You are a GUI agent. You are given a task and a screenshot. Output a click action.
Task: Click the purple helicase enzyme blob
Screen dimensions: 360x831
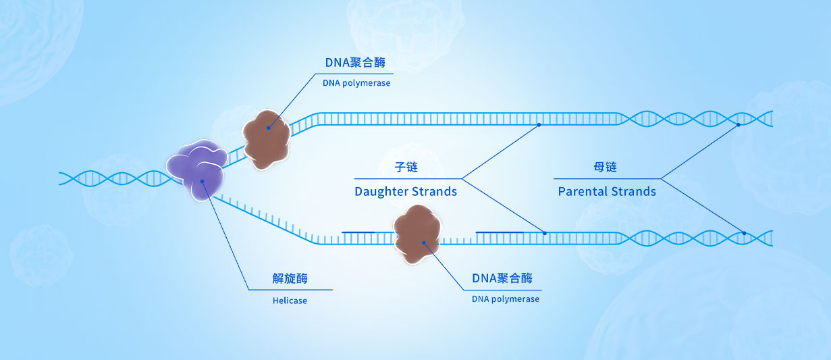click(x=197, y=170)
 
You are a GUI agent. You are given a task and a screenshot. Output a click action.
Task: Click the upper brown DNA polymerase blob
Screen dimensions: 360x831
click(x=267, y=139)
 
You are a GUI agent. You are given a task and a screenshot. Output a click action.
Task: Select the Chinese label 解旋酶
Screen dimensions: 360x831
click(x=290, y=278)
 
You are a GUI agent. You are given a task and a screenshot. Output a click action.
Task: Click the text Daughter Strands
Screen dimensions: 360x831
click(x=406, y=192)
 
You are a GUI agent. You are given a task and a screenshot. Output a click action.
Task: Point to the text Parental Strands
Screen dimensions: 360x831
click(x=607, y=192)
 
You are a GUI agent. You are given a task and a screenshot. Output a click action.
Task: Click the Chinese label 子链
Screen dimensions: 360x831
click(x=406, y=168)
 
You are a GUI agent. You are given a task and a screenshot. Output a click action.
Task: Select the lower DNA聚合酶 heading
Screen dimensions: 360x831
click(x=502, y=278)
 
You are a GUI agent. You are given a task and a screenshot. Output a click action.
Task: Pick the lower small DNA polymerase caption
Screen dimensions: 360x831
click(x=506, y=299)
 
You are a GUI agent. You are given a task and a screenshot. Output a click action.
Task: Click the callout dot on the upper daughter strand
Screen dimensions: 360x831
click(x=539, y=125)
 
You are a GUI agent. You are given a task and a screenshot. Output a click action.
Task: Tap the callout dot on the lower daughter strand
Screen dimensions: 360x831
click(x=545, y=234)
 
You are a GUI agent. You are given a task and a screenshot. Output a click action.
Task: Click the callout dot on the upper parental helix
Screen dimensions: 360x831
click(x=739, y=125)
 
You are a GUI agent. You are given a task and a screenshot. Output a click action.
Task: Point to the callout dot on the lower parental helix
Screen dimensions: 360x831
click(x=744, y=234)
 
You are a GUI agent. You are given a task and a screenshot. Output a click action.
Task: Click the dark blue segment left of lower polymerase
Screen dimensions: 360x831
click(x=358, y=232)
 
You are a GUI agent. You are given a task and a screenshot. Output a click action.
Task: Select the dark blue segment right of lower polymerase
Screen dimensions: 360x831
click(x=500, y=232)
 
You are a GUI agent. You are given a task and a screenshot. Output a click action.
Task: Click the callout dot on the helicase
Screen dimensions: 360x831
click(x=202, y=181)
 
